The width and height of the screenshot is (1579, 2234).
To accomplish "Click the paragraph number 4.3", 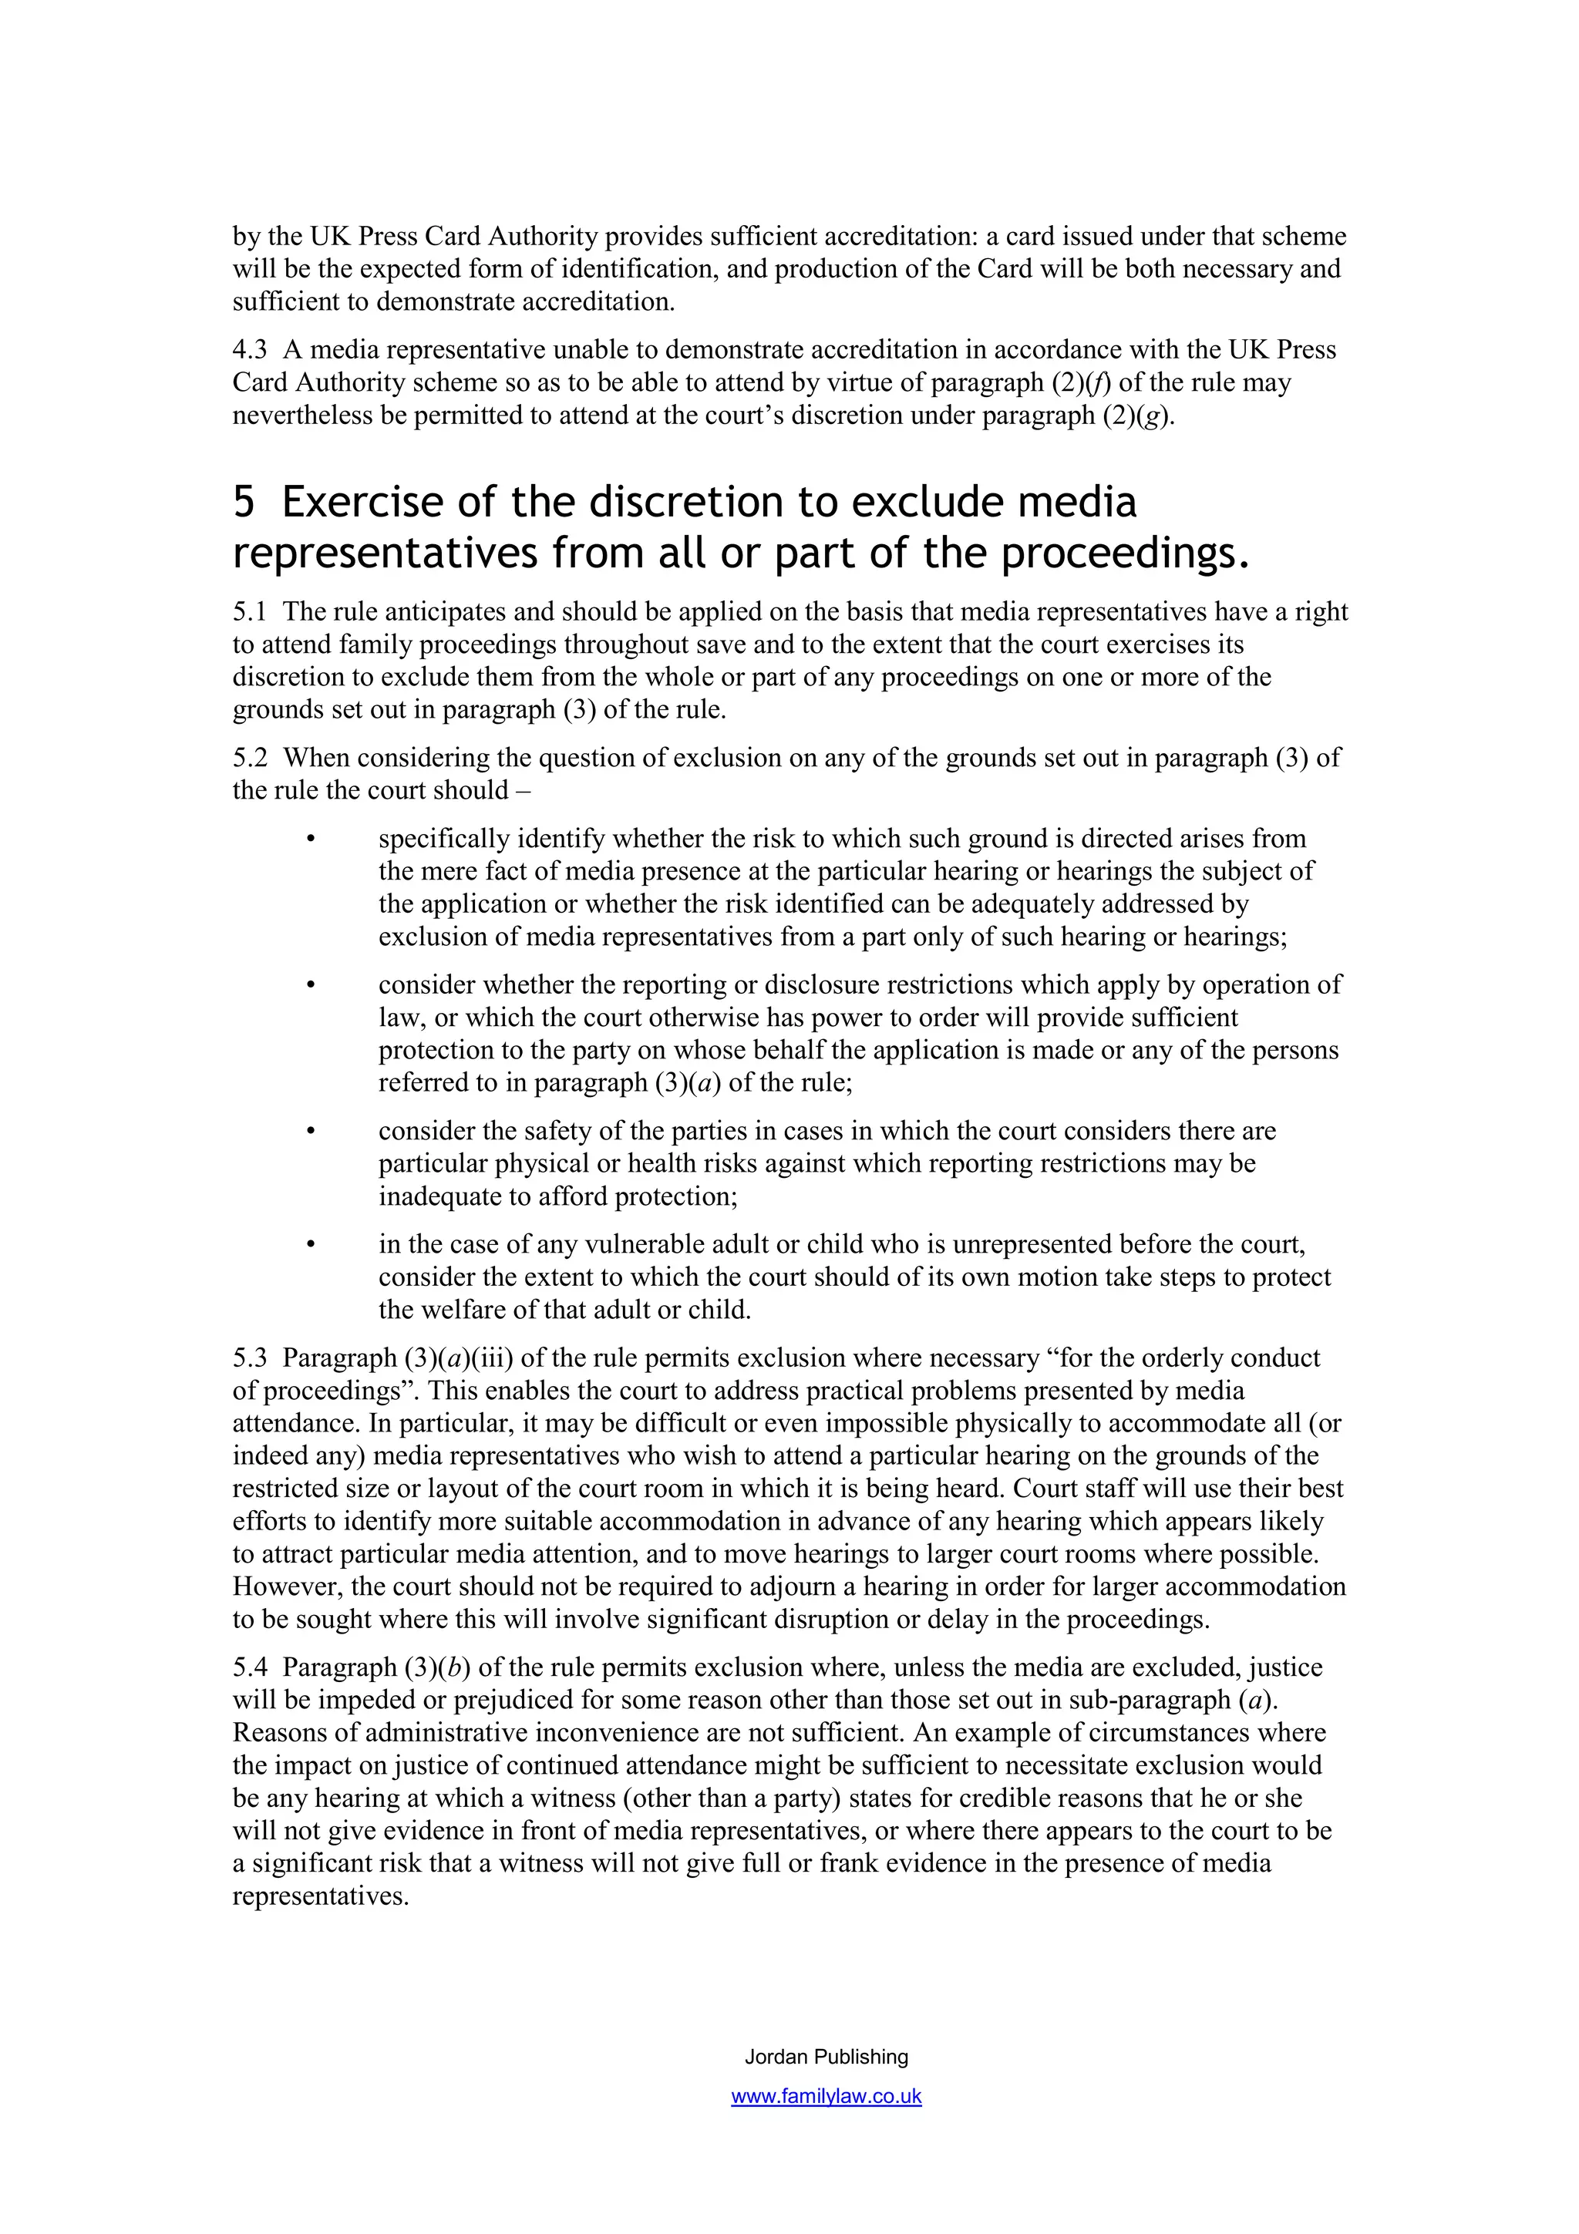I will (x=250, y=350).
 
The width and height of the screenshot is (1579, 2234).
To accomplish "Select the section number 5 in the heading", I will (x=244, y=502).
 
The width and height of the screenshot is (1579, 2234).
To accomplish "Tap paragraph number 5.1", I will (x=249, y=612).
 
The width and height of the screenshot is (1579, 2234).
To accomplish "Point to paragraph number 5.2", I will (x=249, y=758).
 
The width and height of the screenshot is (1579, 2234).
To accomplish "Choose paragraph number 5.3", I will (x=249, y=1358).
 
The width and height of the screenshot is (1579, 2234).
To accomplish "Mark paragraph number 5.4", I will (x=249, y=1667).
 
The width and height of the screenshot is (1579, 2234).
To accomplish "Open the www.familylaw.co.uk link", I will (x=826, y=2097).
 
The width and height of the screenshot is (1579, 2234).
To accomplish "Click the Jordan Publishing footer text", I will (x=826, y=2057).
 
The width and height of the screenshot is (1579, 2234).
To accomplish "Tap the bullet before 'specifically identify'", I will (x=311, y=839).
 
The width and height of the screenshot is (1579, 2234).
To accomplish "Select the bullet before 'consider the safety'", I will (x=311, y=1132).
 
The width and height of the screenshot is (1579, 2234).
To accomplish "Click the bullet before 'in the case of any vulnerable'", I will (x=311, y=1246).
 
